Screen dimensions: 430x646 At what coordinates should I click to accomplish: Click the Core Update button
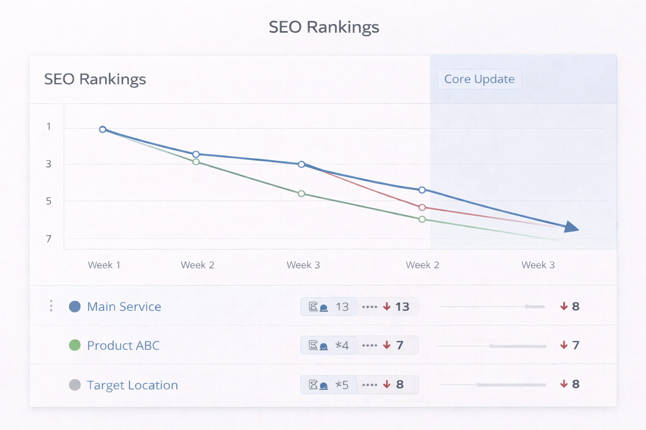point(479,79)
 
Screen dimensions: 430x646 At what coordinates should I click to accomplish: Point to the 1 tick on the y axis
point(49,126)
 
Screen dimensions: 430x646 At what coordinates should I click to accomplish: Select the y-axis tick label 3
point(49,164)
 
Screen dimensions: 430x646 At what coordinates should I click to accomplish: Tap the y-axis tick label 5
point(49,201)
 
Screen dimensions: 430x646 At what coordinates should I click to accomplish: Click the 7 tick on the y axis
point(49,239)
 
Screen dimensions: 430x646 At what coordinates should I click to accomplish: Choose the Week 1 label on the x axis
point(104,265)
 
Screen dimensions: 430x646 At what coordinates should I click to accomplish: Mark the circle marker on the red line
point(422,207)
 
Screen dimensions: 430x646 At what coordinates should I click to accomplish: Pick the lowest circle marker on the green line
point(422,219)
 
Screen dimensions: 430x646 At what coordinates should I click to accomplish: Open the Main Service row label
point(124,307)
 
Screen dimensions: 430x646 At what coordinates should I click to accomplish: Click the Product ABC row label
point(123,346)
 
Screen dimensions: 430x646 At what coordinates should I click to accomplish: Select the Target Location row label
point(132,385)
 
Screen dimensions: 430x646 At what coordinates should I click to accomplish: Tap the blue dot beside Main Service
point(75,307)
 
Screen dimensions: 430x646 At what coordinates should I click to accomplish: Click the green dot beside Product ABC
point(75,345)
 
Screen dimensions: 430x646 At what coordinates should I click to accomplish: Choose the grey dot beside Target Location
point(75,385)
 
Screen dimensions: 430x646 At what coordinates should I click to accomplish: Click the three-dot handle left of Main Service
point(51,306)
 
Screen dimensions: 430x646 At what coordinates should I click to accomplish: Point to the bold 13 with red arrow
point(402,307)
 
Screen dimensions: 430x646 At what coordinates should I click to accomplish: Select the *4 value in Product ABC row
point(342,346)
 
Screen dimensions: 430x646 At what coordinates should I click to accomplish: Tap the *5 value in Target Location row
point(342,385)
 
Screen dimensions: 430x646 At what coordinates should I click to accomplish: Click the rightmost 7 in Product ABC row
point(575,345)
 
